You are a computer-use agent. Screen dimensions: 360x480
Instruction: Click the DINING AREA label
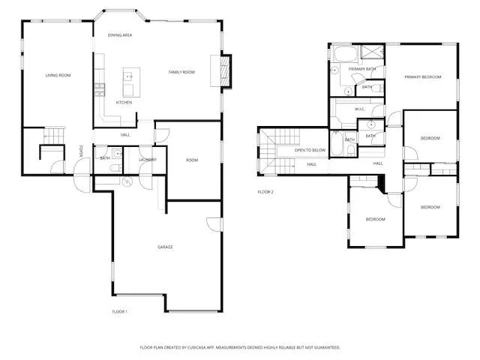120,34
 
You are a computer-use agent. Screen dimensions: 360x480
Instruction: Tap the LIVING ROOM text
58,75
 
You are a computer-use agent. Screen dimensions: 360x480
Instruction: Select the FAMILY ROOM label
181,72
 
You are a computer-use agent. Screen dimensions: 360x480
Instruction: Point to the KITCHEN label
124,102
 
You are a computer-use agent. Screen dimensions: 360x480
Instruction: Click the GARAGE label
165,247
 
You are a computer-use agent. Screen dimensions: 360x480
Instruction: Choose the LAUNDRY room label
148,159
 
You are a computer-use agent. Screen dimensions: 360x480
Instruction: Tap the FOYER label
82,153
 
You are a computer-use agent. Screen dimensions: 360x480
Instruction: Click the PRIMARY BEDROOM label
422,76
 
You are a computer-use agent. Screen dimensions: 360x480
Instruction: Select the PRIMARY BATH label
361,68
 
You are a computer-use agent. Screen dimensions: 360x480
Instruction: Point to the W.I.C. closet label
360,109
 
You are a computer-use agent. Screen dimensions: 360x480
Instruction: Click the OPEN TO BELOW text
310,150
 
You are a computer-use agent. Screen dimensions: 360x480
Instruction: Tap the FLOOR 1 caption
120,311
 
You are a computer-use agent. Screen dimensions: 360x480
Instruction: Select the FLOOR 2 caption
265,192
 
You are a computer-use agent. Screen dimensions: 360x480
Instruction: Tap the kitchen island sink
128,76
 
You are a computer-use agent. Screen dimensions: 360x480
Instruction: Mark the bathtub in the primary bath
346,54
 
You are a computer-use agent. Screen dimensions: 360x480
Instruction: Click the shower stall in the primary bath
373,52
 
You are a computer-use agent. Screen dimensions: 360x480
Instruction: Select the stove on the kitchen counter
98,89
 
